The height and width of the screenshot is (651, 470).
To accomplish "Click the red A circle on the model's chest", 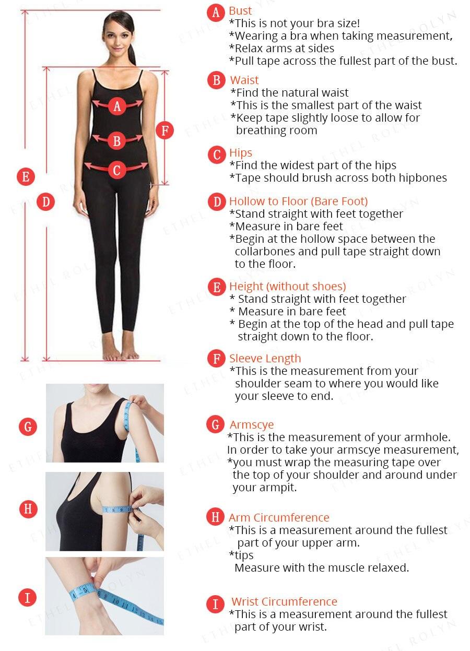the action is pyautogui.click(x=117, y=106).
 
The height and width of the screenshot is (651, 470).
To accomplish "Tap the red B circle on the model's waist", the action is pyautogui.click(x=117, y=141).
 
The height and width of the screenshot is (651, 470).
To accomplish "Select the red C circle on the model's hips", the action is pyautogui.click(x=117, y=170).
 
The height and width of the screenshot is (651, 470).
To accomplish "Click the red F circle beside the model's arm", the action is pyautogui.click(x=165, y=131).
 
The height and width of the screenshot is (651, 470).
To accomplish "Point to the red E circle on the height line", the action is pyautogui.click(x=26, y=176).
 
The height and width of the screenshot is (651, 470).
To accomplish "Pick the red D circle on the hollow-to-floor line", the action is pyautogui.click(x=46, y=202).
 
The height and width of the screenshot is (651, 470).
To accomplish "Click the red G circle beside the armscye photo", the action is pyautogui.click(x=28, y=427).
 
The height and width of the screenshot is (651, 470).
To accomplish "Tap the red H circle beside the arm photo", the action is pyautogui.click(x=28, y=509).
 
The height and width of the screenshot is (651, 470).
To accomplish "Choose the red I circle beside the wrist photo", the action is pyautogui.click(x=28, y=598).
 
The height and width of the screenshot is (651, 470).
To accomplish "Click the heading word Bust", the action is pyautogui.click(x=240, y=11).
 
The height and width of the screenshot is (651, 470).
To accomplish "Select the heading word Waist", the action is pyautogui.click(x=244, y=80).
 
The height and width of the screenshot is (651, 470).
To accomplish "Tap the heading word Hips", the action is pyautogui.click(x=241, y=153).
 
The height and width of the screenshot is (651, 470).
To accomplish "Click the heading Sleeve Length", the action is pyautogui.click(x=265, y=358).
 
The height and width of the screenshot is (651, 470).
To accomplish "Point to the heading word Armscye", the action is pyautogui.click(x=252, y=425).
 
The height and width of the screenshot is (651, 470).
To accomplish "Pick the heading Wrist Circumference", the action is pyautogui.click(x=284, y=601).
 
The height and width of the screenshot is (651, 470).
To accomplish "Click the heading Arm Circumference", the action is pyautogui.click(x=279, y=517).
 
